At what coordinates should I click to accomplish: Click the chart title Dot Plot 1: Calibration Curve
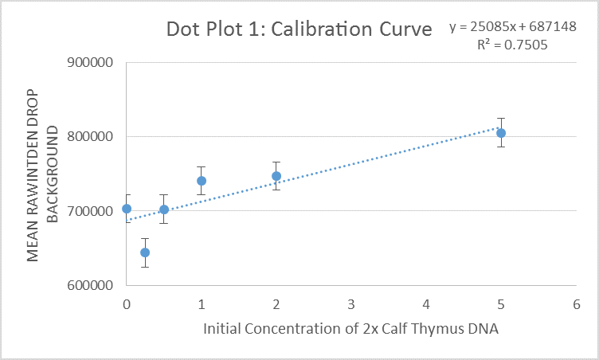299,30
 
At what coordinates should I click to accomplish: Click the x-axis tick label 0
127,304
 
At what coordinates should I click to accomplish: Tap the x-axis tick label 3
351,304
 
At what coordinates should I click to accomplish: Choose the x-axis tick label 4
426,304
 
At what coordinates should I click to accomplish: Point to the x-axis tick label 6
576,304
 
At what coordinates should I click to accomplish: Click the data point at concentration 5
501,133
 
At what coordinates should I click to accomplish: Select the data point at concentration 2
276,176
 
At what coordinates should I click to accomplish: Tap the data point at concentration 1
202,181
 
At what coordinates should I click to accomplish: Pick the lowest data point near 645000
145,252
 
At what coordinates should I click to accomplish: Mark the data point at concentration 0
127,209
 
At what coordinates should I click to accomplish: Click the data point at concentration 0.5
164,209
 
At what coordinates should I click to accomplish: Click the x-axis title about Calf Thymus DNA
350,330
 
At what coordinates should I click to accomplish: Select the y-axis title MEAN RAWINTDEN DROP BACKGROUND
43,174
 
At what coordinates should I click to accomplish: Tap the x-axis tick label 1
202,304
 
